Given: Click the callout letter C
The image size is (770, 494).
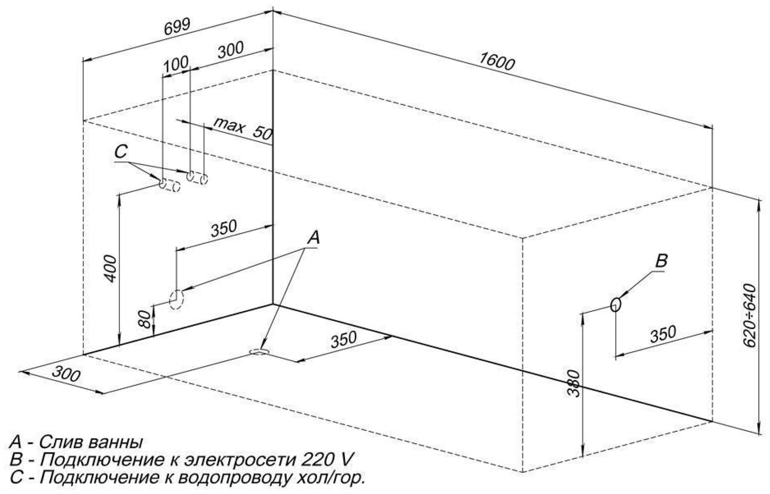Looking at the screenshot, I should [x=121, y=152].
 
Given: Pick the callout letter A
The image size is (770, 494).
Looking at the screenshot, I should [x=314, y=238].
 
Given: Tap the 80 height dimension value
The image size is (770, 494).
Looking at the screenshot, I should [x=145, y=319].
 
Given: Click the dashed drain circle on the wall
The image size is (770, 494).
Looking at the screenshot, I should [x=177, y=300].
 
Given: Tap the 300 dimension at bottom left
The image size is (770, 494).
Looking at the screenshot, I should [x=66, y=374].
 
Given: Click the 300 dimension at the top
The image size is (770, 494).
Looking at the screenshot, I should [x=231, y=50].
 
